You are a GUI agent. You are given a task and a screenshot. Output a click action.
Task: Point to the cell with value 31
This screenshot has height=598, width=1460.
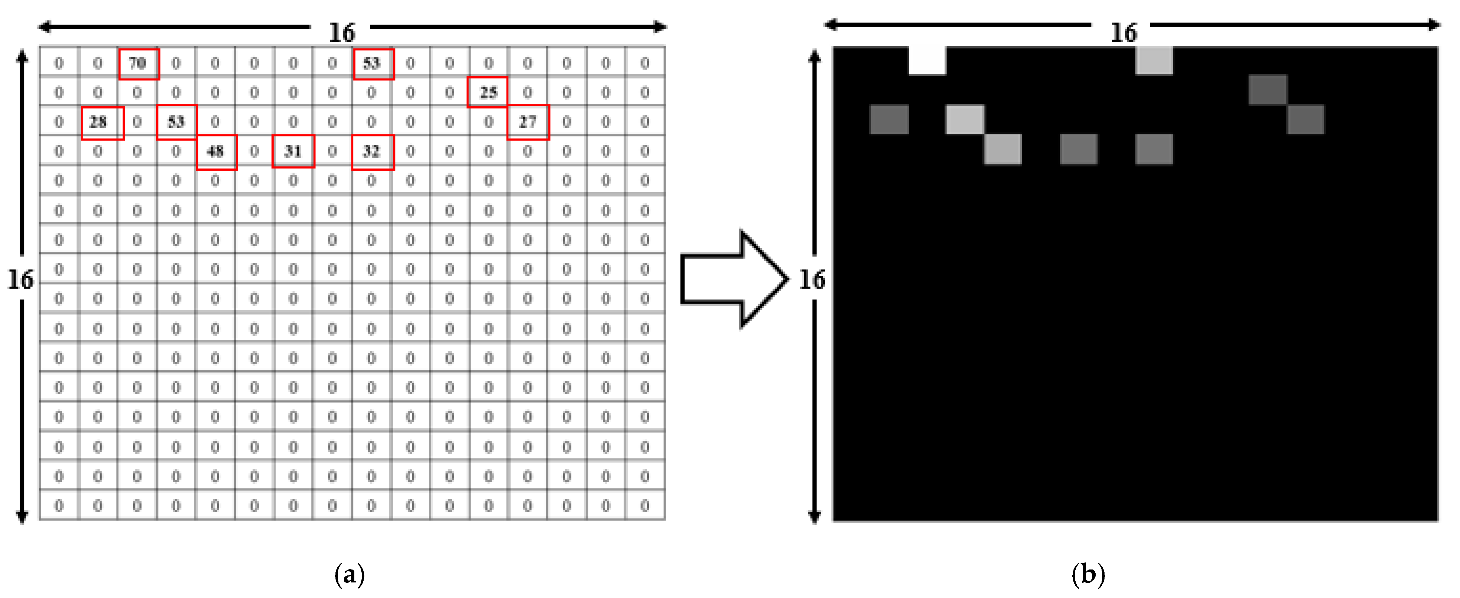point(293,151)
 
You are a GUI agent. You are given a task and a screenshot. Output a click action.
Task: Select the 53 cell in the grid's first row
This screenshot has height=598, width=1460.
point(373,63)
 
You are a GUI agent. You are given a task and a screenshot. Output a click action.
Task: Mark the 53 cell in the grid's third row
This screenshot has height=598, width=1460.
point(176,122)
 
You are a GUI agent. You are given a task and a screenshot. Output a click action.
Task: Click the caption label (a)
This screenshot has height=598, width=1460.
point(350,574)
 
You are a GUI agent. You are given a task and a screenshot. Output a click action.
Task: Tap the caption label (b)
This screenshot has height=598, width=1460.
point(1088,574)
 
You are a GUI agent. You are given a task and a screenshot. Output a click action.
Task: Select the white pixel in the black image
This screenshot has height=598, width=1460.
point(927,61)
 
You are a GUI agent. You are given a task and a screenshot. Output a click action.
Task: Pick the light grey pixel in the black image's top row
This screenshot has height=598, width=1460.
point(1154,61)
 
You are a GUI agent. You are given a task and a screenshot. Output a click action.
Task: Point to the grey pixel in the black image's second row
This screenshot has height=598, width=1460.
point(1267,90)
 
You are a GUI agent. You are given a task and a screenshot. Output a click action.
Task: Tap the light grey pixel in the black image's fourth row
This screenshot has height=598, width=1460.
point(1003,149)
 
